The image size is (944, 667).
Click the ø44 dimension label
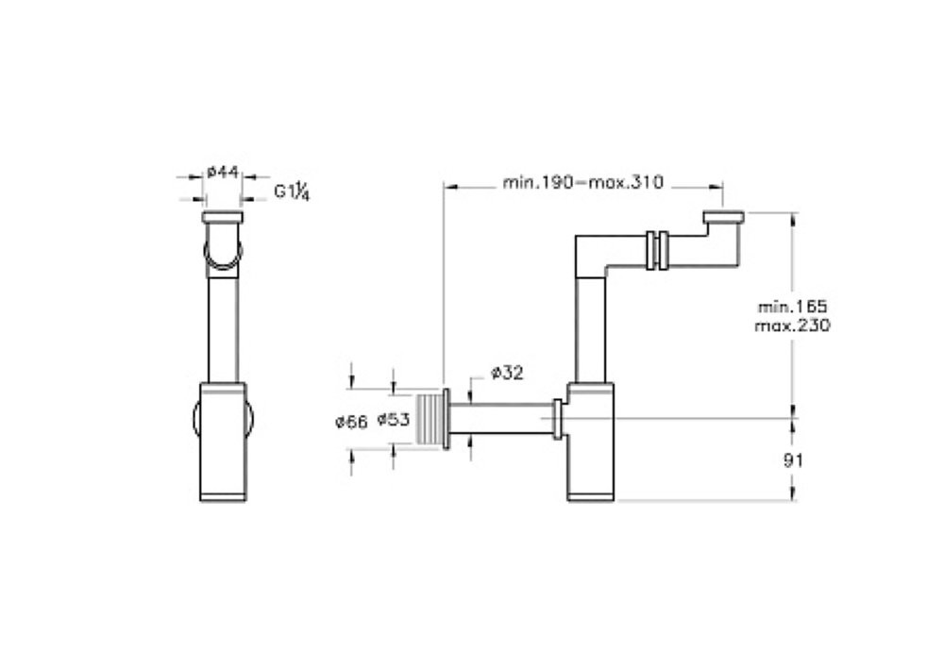click(223, 173)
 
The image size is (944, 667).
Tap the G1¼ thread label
click(292, 192)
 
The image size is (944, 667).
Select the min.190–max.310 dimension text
click(582, 182)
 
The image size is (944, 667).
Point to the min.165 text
click(792, 306)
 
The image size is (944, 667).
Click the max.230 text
click(792, 325)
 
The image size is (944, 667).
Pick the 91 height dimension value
click(793, 460)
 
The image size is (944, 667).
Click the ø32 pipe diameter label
click(507, 373)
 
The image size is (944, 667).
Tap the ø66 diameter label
click(351, 422)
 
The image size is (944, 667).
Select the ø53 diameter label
click(393, 419)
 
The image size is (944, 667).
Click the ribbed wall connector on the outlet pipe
click(430, 419)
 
